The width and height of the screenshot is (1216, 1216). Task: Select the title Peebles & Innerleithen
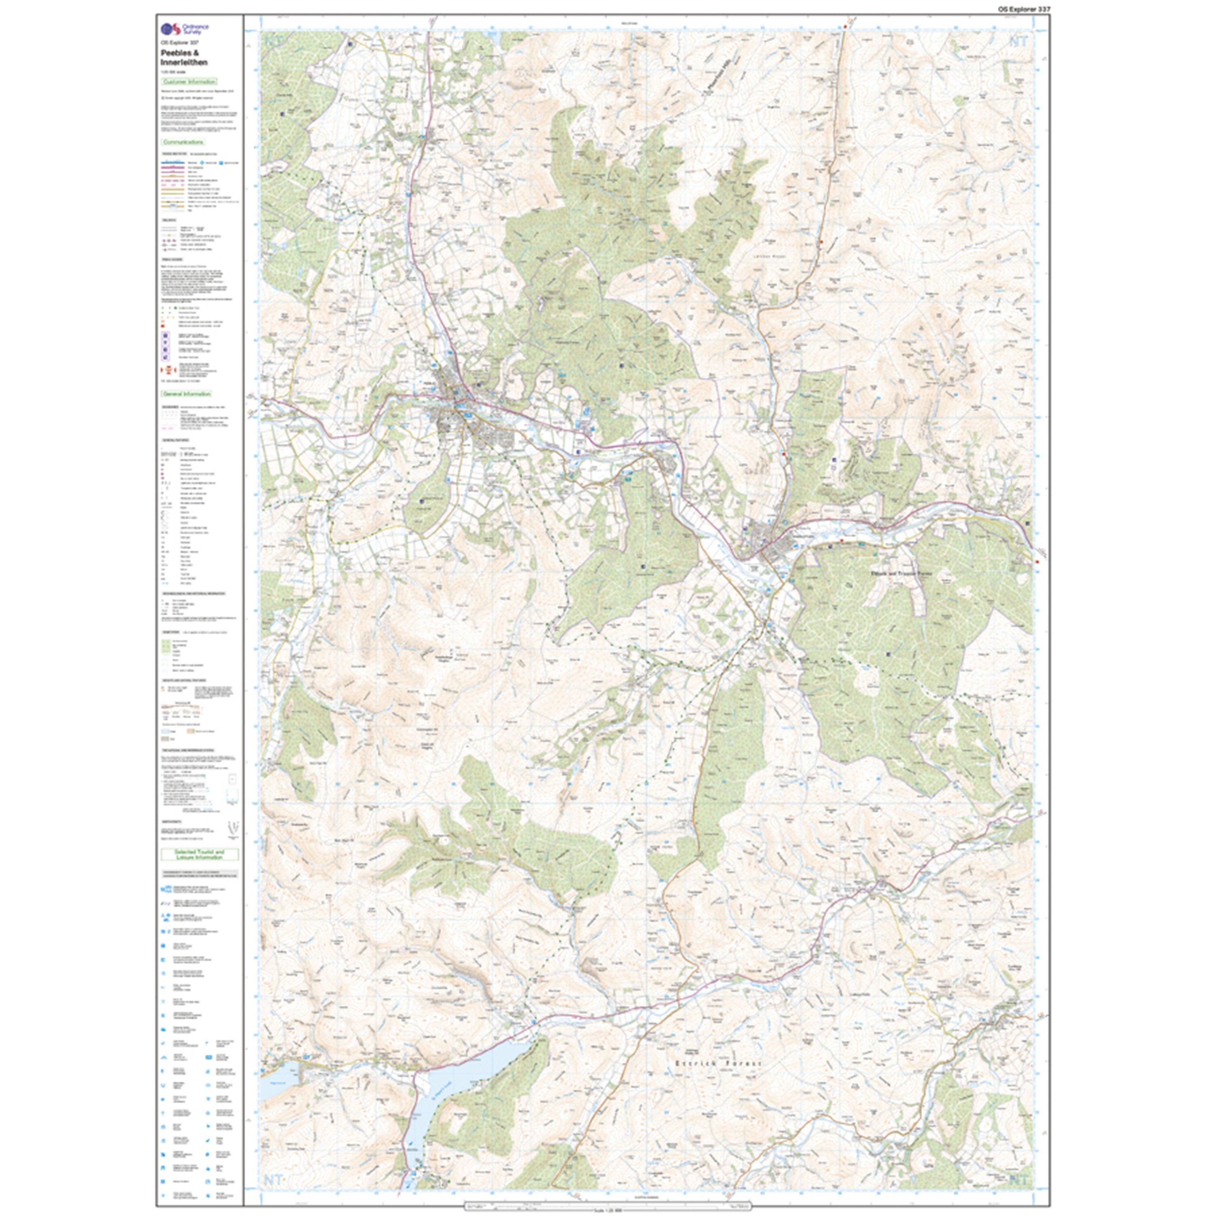[184, 58]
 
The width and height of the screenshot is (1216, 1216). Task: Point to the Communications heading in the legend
[182, 142]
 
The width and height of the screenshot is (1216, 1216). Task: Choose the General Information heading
[186, 393]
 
